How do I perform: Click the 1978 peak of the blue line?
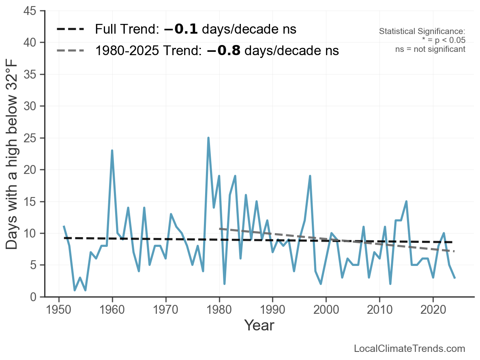pos(208,138)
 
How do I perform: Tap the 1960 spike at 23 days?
pos(112,150)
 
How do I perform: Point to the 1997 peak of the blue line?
pos(310,176)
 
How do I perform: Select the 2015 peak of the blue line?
pos(406,201)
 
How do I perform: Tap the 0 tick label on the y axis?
pos(35,297)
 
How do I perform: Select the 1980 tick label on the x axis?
pos(219,310)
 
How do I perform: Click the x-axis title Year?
pos(259,326)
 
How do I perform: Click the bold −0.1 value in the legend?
pos(181,30)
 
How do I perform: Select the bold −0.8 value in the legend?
pos(224,51)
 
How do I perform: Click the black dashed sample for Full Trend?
pos(70,30)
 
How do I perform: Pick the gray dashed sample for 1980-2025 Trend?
pos(70,51)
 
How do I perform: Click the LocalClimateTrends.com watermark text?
pos(409,349)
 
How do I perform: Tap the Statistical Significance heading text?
pos(422,31)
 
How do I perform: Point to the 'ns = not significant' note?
pos(430,49)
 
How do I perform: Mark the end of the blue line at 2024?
pos(454,278)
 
